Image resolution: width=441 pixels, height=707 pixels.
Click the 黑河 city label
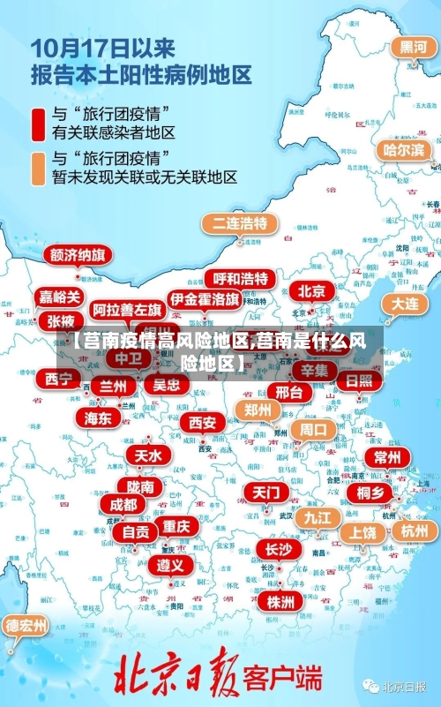point(413,47)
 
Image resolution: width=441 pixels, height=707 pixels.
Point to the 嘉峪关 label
point(59,297)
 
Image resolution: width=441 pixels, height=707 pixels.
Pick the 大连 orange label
point(406,303)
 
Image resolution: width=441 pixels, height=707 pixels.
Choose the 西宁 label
point(59,379)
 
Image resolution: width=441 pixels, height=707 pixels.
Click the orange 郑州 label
point(258,410)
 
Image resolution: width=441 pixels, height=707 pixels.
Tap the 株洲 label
point(280,576)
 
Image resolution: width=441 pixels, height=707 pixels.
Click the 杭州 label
point(414,530)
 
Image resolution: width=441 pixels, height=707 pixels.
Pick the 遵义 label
point(171,563)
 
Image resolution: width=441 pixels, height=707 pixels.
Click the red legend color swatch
point(39,125)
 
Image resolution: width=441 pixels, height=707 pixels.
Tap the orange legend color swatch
point(39,168)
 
